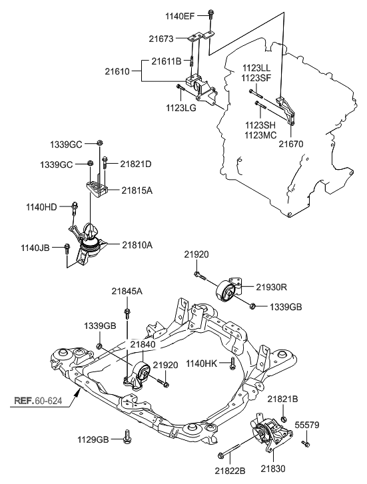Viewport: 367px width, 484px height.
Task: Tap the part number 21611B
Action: click(x=165, y=61)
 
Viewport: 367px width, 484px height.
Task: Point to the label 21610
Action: click(x=118, y=70)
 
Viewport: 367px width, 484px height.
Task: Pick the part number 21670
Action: click(x=291, y=142)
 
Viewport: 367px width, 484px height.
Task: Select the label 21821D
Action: click(x=136, y=163)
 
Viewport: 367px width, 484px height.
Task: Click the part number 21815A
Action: click(x=137, y=190)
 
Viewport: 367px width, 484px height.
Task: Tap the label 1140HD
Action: click(x=42, y=206)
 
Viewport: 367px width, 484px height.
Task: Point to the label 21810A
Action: click(x=137, y=245)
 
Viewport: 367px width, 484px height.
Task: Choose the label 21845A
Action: click(x=127, y=290)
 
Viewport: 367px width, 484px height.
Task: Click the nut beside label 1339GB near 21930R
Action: click(x=254, y=306)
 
